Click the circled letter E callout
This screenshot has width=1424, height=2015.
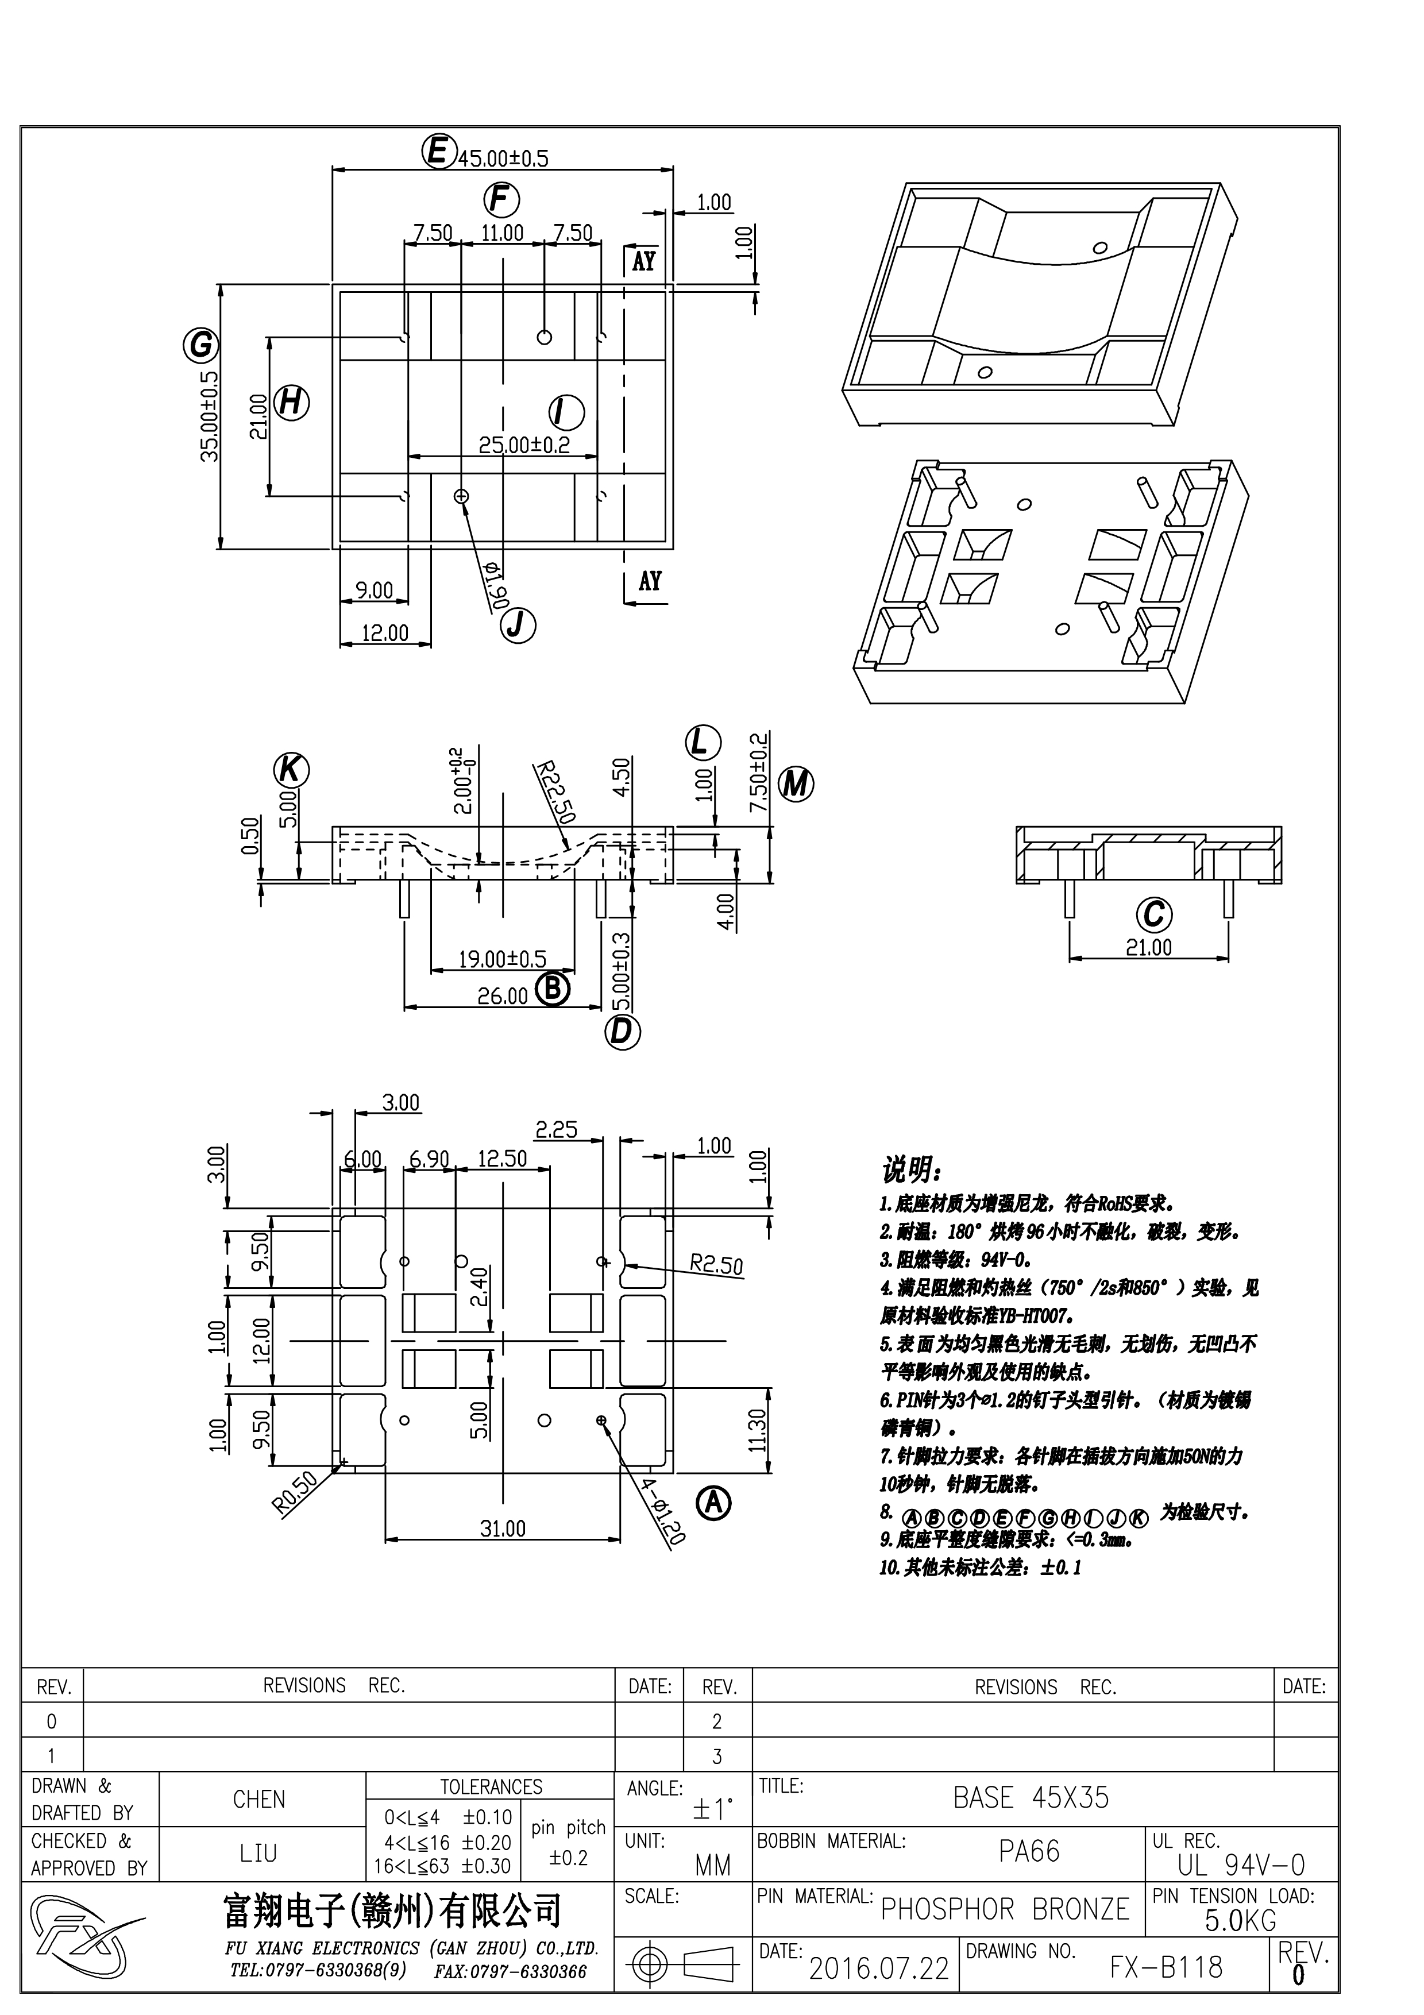click(437, 151)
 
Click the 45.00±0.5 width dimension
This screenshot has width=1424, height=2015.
click(503, 159)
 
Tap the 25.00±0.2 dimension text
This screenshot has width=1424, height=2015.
click(524, 445)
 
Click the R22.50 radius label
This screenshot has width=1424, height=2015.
click(555, 793)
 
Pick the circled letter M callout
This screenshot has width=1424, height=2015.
click(796, 783)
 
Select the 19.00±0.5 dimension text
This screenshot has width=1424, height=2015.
click(502, 958)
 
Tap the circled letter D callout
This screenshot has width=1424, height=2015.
click(622, 1031)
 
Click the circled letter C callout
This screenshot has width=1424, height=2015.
click(1154, 914)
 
